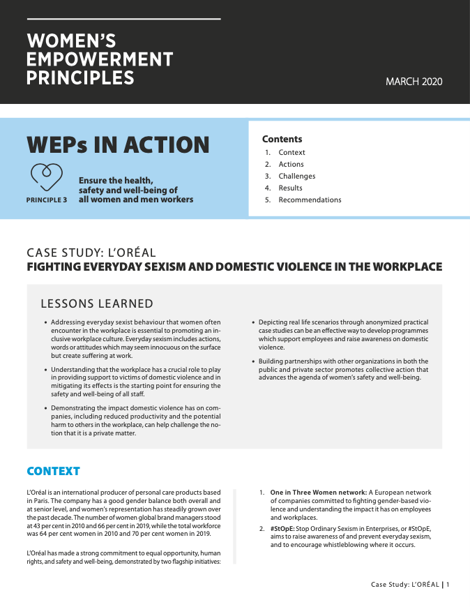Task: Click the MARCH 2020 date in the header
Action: click(x=414, y=82)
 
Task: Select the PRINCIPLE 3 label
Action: click(x=47, y=200)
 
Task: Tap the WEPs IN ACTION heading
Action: click(x=118, y=144)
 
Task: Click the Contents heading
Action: click(x=282, y=139)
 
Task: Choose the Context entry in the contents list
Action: click(x=291, y=153)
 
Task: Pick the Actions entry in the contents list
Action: click(x=291, y=165)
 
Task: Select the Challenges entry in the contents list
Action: click(x=296, y=177)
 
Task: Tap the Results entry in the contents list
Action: click(x=290, y=188)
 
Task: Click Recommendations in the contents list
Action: click(x=310, y=200)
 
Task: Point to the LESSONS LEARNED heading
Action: click(x=97, y=303)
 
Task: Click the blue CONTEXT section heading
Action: click(x=53, y=471)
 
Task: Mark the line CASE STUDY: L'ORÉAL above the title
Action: click(x=91, y=252)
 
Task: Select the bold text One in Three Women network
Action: click(x=318, y=493)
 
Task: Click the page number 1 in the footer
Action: click(x=448, y=584)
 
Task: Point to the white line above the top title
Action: click(x=123, y=19)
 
